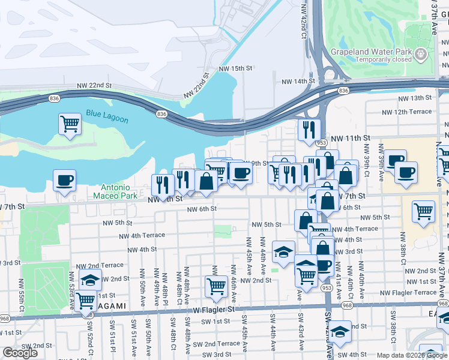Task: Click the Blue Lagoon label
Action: [103, 113]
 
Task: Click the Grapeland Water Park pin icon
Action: [422, 55]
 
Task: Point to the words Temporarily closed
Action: [384, 59]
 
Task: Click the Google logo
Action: [20, 353]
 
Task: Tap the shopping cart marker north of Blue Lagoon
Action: [70, 124]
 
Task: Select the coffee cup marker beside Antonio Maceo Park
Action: [64, 180]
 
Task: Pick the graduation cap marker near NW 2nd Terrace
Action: [90, 280]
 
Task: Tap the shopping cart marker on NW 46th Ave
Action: [216, 287]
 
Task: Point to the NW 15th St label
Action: [235, 68]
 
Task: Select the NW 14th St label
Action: [298, 81]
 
